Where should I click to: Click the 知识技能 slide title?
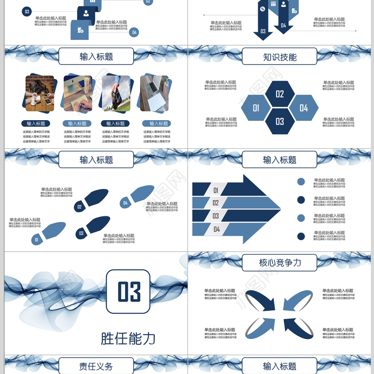pyautogui.click(x=280, y=57)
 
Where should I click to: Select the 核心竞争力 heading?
pyautogui.click(x=280, y=263)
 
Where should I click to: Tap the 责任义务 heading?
pyautogui.click(x=96, y=366)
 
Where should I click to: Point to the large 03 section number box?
pyautogui.click(x=128, y=291)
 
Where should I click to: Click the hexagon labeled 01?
pyautogui.click(x=256, y=108)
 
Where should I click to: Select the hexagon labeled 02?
pyautogui.click(x=280, y=94)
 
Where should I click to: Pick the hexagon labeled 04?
pyautogui.click(x=304, y=108)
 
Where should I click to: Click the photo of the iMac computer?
pyautogui.click(x=78, y=93)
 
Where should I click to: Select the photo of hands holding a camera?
pyautogui.click(x=116, y=93)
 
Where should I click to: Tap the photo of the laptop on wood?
pyautogui.click(x=155, y=93)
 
